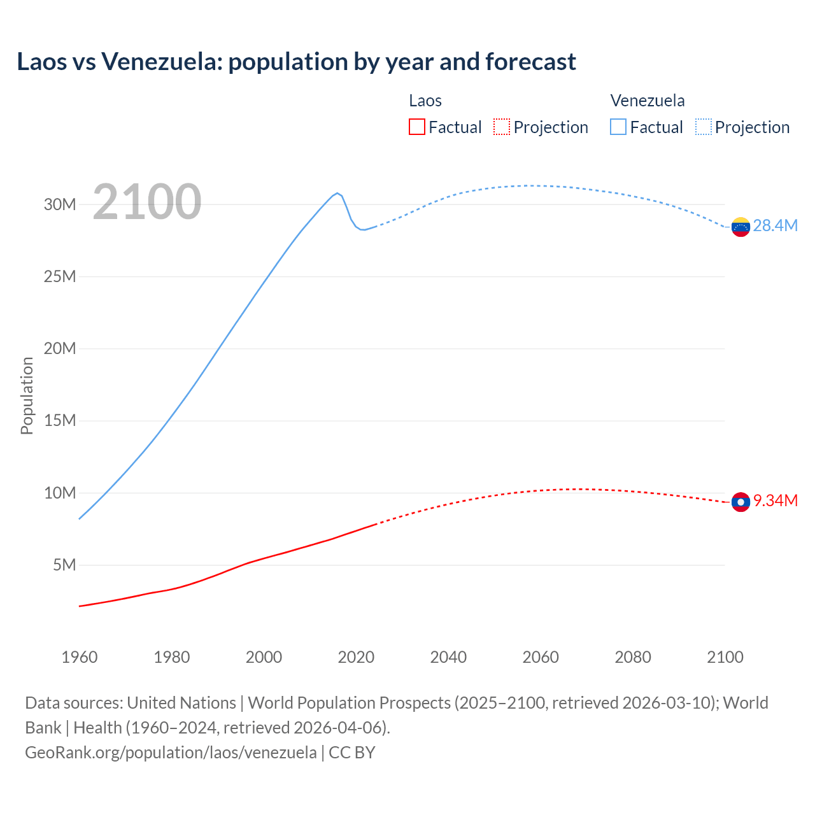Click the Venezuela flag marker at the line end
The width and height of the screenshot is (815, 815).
741,227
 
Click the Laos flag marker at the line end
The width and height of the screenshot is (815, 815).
741,502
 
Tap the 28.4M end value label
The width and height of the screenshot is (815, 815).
775,226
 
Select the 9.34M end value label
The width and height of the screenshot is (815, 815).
775,501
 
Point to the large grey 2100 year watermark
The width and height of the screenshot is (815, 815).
147,202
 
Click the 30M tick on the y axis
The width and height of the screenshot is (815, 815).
60,204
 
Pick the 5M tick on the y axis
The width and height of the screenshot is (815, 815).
64,565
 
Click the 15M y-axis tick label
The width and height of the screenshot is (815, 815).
60,421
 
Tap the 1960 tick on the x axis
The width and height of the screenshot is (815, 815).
80,657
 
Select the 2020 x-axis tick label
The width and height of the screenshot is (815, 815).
356,657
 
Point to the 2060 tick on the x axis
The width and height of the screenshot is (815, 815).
541,657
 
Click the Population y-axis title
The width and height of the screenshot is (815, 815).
27,395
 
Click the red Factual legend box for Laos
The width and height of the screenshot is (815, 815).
417,127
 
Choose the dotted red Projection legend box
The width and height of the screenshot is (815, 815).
502,127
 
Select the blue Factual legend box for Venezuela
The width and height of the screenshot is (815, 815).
618,127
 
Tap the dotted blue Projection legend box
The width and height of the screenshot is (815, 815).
703,127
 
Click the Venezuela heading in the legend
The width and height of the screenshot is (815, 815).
648,101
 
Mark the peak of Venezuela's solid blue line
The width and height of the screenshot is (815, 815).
337,193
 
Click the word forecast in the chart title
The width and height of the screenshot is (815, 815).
530,62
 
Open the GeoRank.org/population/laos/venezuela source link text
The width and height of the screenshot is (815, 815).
171,753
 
